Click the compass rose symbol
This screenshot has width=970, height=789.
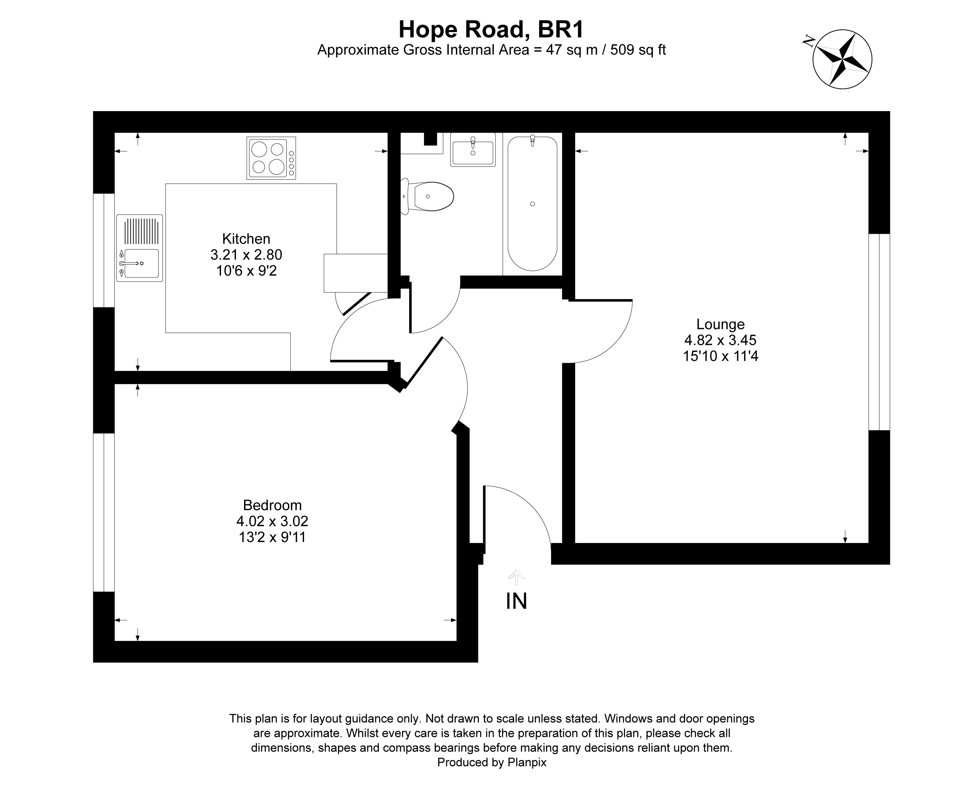[x=842, y=59]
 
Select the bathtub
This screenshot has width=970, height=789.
[x=532, y=204]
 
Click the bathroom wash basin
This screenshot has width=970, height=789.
[x=472, y=150]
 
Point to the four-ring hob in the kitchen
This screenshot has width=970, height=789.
[x=271, y=158]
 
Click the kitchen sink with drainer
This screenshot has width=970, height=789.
[x=139, y=248]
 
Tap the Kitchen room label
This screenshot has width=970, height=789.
[x=246, y=239]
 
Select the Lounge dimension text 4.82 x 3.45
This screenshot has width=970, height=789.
[x=720, y=340]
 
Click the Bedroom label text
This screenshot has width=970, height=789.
[x=272, y=505]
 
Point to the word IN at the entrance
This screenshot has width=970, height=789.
[x=516, y=601]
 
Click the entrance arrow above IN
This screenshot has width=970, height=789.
[x=516, y=578]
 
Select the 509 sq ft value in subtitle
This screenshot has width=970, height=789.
[x=638, y=50]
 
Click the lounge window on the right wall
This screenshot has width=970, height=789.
[x=879, y=332]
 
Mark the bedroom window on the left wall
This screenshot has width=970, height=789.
[x=104, y=512]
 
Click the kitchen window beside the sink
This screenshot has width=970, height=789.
[x=104, y=251]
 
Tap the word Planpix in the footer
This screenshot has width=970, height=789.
[x=527, y=762]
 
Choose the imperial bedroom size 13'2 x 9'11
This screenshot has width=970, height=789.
[x=272, y=537]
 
